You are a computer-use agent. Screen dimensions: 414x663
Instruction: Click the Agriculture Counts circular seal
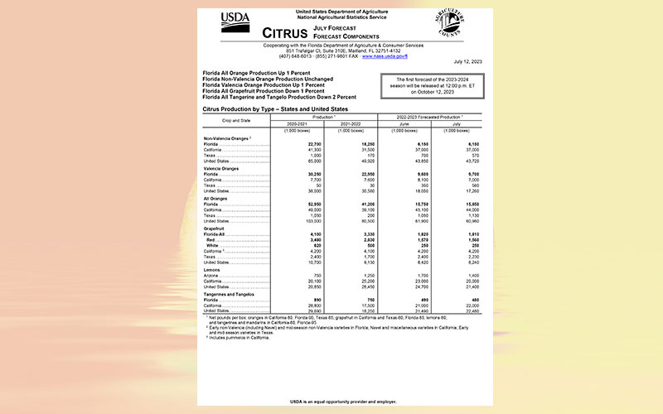pyautogui.click(x=450, y=22)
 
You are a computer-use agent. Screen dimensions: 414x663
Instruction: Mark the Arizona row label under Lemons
pyautogui.click(x=212, y=274)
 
